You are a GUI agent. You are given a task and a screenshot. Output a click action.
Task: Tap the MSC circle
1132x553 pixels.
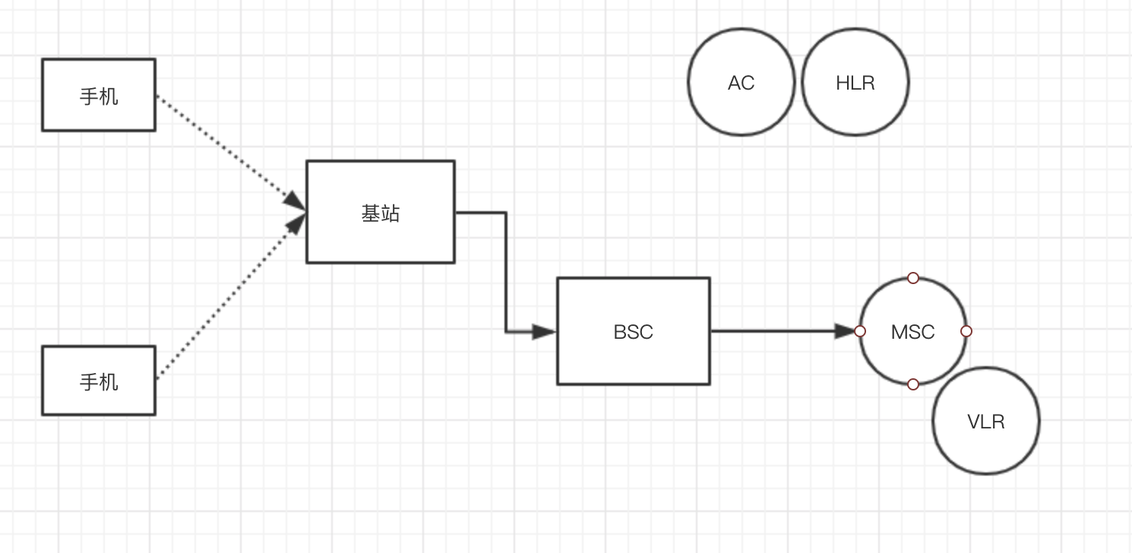pos(913,357)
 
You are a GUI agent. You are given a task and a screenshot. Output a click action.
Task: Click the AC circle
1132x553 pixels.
pos(741,106)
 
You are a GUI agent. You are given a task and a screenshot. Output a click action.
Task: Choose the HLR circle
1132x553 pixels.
pos(855,106)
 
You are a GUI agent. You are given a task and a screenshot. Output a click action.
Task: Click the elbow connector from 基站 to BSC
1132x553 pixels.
pos(506,273)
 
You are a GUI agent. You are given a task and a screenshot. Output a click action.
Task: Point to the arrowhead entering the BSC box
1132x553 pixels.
pos(544,332)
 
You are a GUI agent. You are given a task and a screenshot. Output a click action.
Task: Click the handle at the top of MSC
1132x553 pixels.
pos(913,278)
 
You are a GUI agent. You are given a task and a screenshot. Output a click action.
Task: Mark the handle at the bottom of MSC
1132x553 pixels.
pos(913,384)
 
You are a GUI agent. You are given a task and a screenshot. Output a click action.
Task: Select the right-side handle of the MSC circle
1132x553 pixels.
pos(966,331)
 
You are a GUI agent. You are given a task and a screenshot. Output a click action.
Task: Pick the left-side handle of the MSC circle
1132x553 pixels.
pos(860,331)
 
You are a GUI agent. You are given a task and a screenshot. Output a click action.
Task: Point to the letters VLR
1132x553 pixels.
pos(986,422)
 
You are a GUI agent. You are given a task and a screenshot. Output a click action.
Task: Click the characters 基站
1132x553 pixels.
pos(380,214)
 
